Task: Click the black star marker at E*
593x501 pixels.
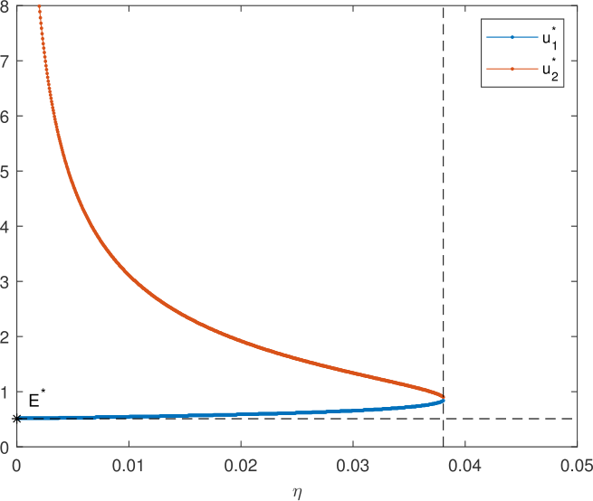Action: coord(16,419)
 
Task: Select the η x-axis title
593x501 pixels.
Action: coord(297,491)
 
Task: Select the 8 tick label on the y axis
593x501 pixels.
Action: coord(6,6)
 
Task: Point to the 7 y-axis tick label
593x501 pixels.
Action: coord(6,61)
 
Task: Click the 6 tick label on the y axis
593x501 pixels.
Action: coord(6,117)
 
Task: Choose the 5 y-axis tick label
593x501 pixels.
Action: coord(6,172)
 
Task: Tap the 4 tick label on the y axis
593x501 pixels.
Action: coord(6,227)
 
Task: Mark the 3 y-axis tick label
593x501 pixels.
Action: coord(6,281)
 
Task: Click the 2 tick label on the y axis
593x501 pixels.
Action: coord(6,336)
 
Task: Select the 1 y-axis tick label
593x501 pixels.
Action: coord(6,392)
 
